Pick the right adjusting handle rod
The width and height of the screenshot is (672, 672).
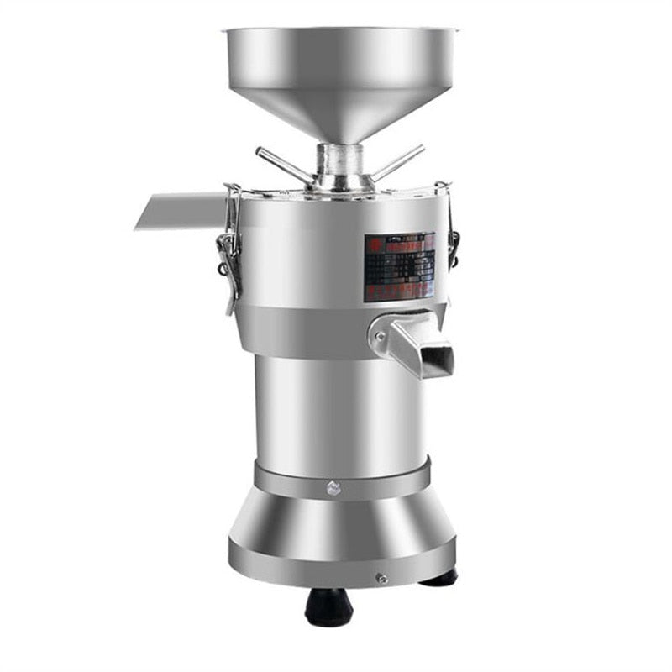[398, 162]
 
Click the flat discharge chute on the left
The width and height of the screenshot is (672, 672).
[180, 210]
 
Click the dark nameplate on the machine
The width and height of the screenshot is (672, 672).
[399, 266]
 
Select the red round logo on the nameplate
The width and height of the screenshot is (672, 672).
[372, 241]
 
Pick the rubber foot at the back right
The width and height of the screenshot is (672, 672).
[441, 577]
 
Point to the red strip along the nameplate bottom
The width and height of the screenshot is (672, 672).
[399, 292]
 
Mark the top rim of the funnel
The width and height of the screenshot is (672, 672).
[341, 31]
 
